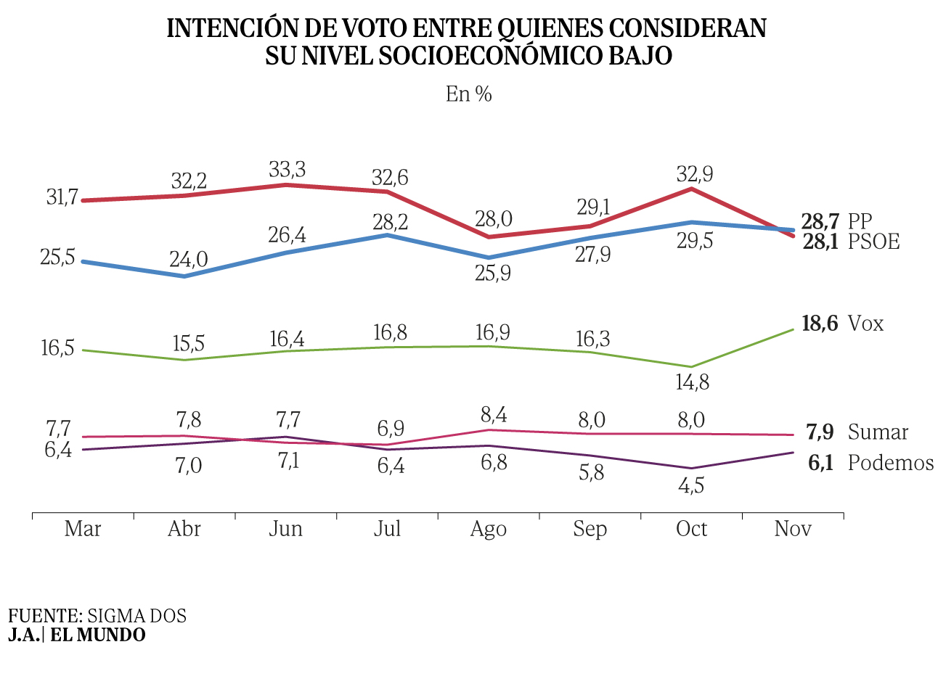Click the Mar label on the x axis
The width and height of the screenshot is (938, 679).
pos(83,529)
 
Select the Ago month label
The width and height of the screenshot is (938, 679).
pos(488,529)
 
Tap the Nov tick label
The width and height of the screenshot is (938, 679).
pos(793,529)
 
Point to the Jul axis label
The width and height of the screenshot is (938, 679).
pos(387,529)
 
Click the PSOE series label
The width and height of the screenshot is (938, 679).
pos(874,242)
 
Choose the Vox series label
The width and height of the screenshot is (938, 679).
pos(866,324)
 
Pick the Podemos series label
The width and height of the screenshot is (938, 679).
pos(891,463)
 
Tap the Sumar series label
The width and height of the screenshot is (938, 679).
pos(878,432)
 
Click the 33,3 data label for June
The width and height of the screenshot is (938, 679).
pos(287,170)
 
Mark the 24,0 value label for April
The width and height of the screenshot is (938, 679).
pos(189,259)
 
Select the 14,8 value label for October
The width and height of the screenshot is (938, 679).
pos(692,382)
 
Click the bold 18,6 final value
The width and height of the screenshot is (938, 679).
pos(820,324)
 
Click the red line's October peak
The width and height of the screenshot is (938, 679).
pos(691,189)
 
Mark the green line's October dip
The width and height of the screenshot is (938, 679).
pos(691,367)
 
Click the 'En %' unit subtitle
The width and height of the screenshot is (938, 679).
pos(469,94)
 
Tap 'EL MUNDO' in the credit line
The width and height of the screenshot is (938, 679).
pos(97,635)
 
